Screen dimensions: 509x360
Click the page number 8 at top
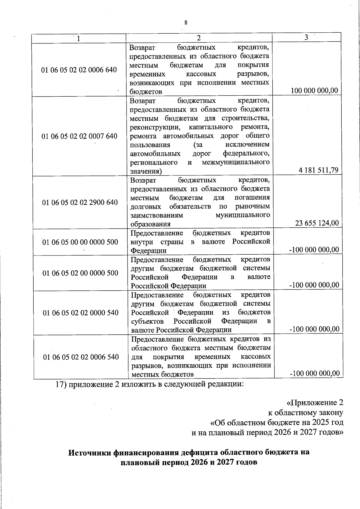[186, 22]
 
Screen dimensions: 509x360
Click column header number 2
[199, 38]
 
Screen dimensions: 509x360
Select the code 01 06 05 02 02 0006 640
[79, 70]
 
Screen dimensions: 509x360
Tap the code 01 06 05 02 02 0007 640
[79, 136]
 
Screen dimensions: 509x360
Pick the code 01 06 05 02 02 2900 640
[80, 202]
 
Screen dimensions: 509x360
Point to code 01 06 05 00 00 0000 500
[80, 242]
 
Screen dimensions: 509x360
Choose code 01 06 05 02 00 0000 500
[80, 273]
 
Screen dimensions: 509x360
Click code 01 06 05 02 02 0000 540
[81, 313]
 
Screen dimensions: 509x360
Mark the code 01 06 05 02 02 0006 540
[81, 357]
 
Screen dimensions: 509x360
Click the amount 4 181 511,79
[318, 170]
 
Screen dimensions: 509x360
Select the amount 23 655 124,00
[317, 223]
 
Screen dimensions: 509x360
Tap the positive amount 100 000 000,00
[314, 91]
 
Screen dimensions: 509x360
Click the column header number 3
[306, 37]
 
